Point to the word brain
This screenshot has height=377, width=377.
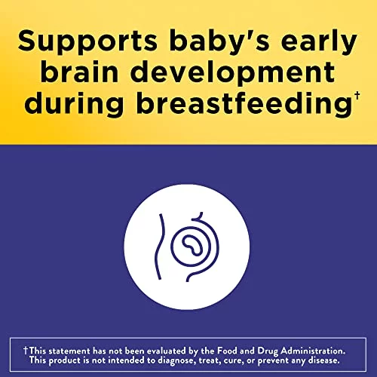click(80, 71)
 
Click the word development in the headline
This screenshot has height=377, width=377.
click(233, 73)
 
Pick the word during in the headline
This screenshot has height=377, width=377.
click(74, 104)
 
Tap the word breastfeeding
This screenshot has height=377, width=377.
click(244, 104)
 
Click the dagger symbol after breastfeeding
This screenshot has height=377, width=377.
click(357, 97)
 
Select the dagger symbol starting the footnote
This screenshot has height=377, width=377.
click(26, 351)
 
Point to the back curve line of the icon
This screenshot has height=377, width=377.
click(159, 247)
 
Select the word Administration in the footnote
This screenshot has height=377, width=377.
click(313, 351)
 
